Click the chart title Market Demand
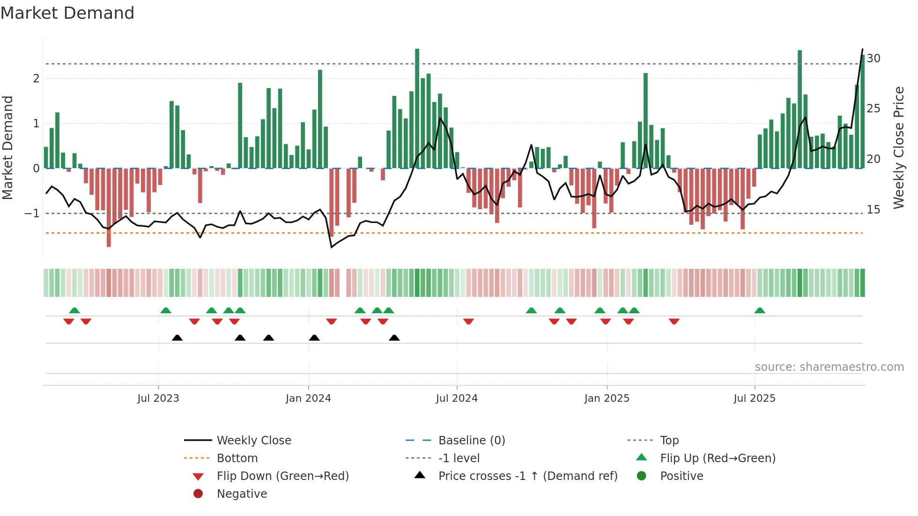(67, 13)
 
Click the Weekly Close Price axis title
(898, 147)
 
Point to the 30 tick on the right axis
(873, 59)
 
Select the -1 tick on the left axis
(32, 214)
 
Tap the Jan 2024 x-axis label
(308, 398)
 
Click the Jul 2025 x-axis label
(754, 398)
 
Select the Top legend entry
(669, 441)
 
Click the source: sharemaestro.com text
(829, 367)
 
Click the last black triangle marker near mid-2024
(394, 338)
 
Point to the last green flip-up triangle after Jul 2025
(760, 310)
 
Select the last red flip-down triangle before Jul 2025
(674, 321)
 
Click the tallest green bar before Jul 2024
(417, 108)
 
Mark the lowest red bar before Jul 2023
(109, 208)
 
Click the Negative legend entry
(242, 494)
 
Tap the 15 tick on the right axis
(873, 210)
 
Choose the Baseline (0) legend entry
(471, 441)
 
